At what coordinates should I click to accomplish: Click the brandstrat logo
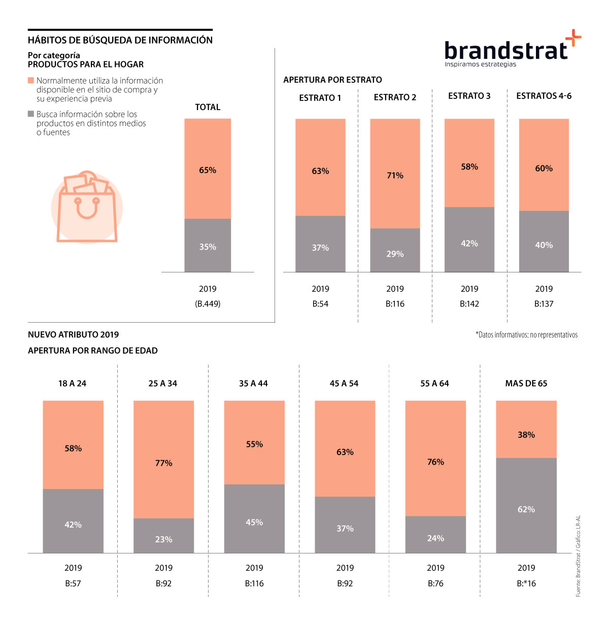(512, 50)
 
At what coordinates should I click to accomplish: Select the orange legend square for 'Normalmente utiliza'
(31, 81)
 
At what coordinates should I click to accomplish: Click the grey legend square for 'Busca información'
(31, 114)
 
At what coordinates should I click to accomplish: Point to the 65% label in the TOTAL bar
(208, 170)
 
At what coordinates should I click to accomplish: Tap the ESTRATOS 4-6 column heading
(544, 96)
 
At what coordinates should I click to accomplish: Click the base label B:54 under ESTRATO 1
(320, 304)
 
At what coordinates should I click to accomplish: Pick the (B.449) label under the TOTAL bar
(208, 304)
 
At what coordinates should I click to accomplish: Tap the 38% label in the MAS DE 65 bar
(526, 435)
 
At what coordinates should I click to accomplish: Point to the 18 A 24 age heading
(73, 384)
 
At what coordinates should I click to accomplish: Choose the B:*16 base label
(526, 583)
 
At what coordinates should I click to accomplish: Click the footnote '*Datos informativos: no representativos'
(526, 335)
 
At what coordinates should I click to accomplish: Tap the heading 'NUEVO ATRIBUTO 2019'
(74, 335)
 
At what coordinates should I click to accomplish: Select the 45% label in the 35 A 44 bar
(254, 523)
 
